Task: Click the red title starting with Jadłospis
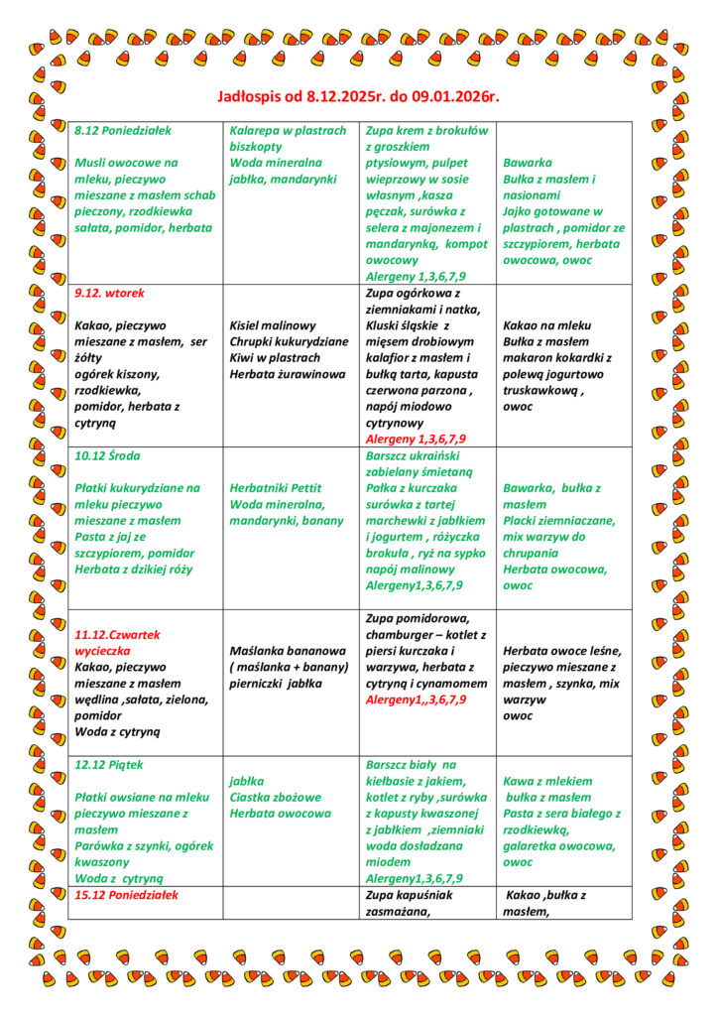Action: pyautogui.click(x=358, y=97)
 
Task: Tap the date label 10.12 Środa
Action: pyautogui.click(x=107, y=455)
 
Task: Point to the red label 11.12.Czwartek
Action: pyautogui.click(x=117, y=634)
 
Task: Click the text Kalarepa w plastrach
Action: pyautogui.click(x=288, y=131)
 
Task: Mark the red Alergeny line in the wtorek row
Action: pyautogui.click(x=416, y=439)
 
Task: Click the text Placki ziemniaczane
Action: pyautogui.click(x=558, y=521)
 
